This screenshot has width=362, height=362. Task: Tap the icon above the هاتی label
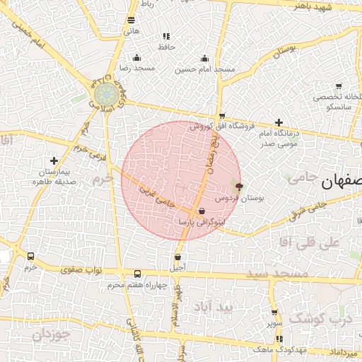click(131, 21)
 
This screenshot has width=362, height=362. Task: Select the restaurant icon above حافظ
click(166, 36)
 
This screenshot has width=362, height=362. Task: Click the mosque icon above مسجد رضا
click(136, 58)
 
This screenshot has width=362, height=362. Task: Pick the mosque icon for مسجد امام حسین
click(205, 58)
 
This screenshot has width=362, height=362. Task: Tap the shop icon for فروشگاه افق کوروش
click(222, 116)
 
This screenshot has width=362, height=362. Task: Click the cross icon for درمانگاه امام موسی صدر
click(279, 122)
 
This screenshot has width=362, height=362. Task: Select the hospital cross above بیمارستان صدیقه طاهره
click(54, 161)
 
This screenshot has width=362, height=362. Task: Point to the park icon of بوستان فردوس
click(239, 187)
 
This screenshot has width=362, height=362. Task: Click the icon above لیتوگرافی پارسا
click(202, 211)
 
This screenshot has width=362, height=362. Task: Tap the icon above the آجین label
click(177, 257)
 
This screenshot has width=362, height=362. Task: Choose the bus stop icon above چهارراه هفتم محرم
click(137, 274)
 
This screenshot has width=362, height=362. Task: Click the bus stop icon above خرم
click(30, 257)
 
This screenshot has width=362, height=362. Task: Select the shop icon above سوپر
click(274, 313)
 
